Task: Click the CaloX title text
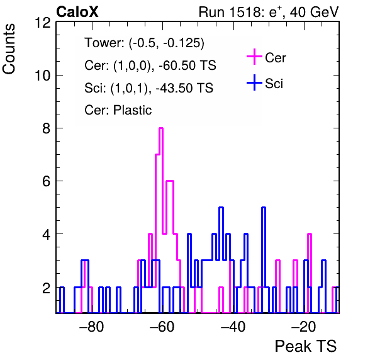click(x=77, y=12)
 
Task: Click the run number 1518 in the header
click(x=246, y=12)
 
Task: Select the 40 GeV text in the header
click(x=314, y=12)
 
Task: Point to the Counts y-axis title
click(x=9, y=49)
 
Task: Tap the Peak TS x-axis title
click(x=306, y=346)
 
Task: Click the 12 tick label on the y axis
click(x=43, y=23)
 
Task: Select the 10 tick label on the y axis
click(x=43, y=76)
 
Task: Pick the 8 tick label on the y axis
click(x=47, y=128)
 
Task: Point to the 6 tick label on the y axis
click(x=47, y=181)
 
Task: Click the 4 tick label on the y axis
click(x=47, y=234)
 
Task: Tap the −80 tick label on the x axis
click(x=92, y=327)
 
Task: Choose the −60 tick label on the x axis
click(x=162, y=327)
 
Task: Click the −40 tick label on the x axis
click(x=233, y=327)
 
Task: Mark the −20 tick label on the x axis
click(x=304, y=327)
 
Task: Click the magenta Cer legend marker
click(x=254, y=57)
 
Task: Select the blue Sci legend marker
click(x=254, y=83)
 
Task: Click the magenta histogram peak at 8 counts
click(x=161, y=128)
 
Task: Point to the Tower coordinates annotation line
click(x=145, y=43)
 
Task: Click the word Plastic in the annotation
click(x=132, y=110)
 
